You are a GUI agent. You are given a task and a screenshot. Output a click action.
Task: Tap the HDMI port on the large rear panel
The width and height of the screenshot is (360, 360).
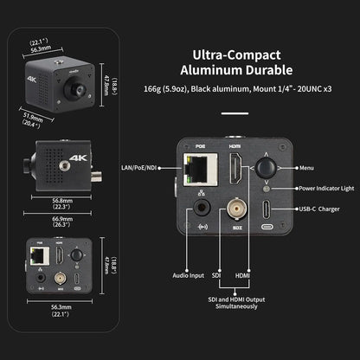[x=234, y=174]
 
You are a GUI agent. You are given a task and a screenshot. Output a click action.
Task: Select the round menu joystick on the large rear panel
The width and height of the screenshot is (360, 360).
[x=266, y=167]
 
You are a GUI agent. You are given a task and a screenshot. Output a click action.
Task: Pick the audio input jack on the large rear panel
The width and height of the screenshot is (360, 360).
[x=202, y=209]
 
